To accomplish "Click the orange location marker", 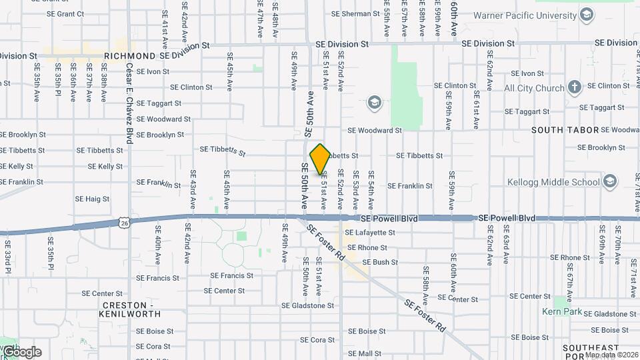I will tap(320, 159).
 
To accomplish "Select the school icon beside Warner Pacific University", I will tap(587, 15).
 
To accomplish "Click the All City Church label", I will tap(534, 88).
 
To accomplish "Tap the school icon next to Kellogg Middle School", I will tap(609, 181).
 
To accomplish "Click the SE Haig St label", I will tap(92, 199).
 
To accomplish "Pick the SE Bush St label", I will tap(380, 263).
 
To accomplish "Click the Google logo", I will tap(21, 352).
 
